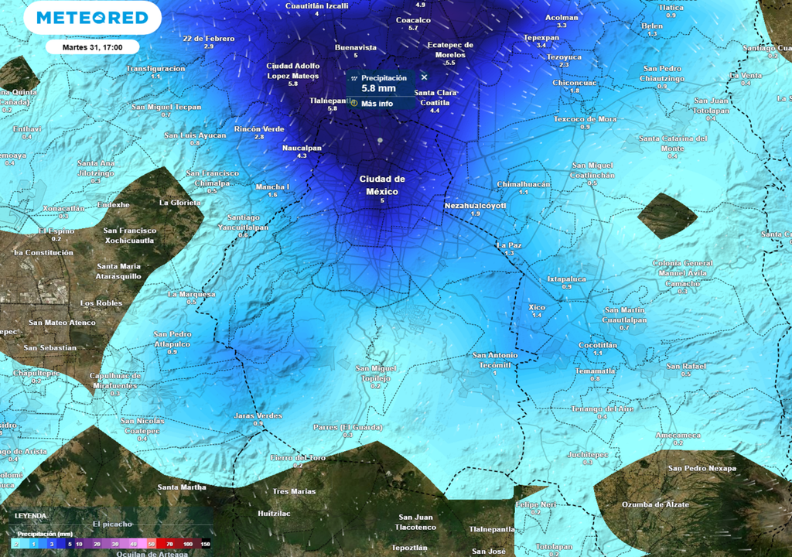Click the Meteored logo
[x=92, y=18]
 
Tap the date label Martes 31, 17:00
[x=91, y=47]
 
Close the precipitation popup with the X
[x=424, y=77]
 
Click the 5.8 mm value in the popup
[x=378, y=89]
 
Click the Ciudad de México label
[x=382, y=185]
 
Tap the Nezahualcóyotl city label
[x=475, y=206]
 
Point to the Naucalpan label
[x=302, y=147]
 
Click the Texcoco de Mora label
[x=585, y=119]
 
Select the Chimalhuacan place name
[x=523, y=184]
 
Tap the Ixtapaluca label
[x=566, y=278]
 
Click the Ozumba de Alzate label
[x=655, y=504]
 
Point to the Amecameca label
[x=678, y=436]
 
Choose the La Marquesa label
[x=192, y=294]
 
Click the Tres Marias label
[x=294, y=491]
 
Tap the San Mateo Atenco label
[x=62, y=323]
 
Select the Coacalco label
[x=413, y=20]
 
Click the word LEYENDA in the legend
[x=29, y=515]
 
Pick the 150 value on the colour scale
[x=205, y=545]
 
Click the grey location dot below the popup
[x=380, y=140]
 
